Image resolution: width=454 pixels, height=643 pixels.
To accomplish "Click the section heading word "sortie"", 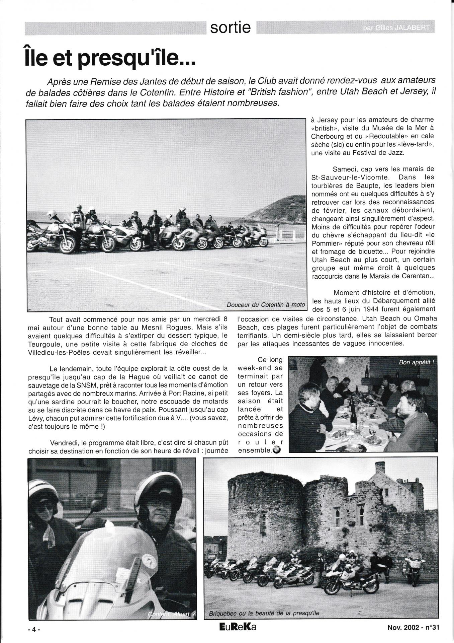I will coord(231,28).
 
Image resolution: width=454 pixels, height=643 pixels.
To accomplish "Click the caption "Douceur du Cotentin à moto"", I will coord(266,305).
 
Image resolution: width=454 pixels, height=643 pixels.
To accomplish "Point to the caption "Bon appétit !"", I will coord(416,362).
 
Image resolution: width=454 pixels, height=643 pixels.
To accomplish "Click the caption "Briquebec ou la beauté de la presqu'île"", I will coord(264,614).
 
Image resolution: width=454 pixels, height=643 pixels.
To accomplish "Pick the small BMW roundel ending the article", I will coord(277,450).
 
